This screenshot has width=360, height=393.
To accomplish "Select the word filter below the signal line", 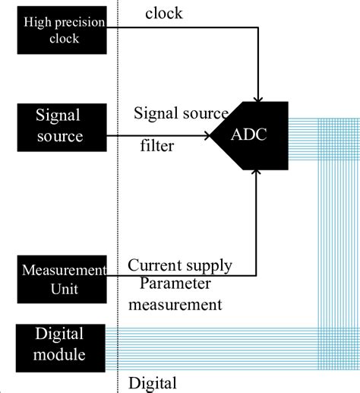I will click(157, 145).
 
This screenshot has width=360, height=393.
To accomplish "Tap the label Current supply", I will click(180, 266).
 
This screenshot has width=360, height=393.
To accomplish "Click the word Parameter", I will click(175, 285).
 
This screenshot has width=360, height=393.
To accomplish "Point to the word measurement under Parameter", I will click(175, 304).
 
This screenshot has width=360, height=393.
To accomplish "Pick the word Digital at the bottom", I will click(153, 382).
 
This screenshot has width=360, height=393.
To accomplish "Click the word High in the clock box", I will click(36, 21).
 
